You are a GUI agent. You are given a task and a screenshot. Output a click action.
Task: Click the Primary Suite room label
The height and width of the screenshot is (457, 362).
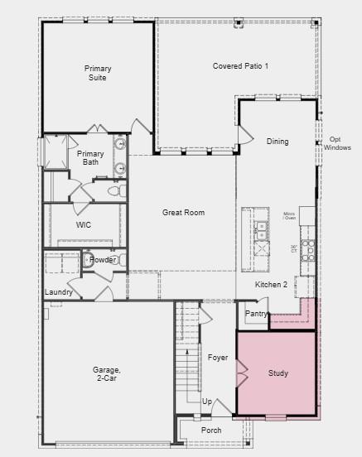click(97, 73)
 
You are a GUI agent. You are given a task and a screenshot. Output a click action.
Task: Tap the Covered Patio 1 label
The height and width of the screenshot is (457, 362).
click(240, 65)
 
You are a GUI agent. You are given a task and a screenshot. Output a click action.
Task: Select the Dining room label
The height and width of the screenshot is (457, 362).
click(278, 142)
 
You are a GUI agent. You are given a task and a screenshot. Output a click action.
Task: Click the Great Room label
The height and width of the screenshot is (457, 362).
click(183, 213)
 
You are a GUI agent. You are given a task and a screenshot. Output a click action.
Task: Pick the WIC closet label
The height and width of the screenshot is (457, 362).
click(83, 224)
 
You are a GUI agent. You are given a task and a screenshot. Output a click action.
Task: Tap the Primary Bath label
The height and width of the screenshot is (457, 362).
click(90, 157)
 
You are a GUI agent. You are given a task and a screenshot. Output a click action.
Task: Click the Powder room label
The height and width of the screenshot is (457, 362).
click(103, 260)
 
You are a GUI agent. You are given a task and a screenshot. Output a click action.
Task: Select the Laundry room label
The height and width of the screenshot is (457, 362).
click(59, 292)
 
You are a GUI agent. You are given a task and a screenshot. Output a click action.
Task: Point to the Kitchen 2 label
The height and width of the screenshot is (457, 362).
click(271, 285)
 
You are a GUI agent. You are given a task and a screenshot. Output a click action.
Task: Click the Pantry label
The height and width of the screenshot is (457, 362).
click(257, 314)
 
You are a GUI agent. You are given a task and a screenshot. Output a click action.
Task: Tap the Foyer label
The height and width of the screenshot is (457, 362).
click(217, 358)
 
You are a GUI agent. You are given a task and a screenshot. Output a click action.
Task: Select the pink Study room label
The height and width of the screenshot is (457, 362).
click(278, 373)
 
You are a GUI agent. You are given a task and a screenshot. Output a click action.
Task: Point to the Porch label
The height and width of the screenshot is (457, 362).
click(211, 431)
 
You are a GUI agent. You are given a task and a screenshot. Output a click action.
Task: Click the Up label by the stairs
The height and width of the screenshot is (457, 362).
click(206, 402)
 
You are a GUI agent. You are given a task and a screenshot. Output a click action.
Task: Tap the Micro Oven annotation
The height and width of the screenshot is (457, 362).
click(289, 216)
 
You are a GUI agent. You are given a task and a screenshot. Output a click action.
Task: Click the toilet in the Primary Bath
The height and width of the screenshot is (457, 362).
click(115, 191)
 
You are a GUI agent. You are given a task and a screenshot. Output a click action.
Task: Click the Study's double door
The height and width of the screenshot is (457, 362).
click(243, 373)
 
